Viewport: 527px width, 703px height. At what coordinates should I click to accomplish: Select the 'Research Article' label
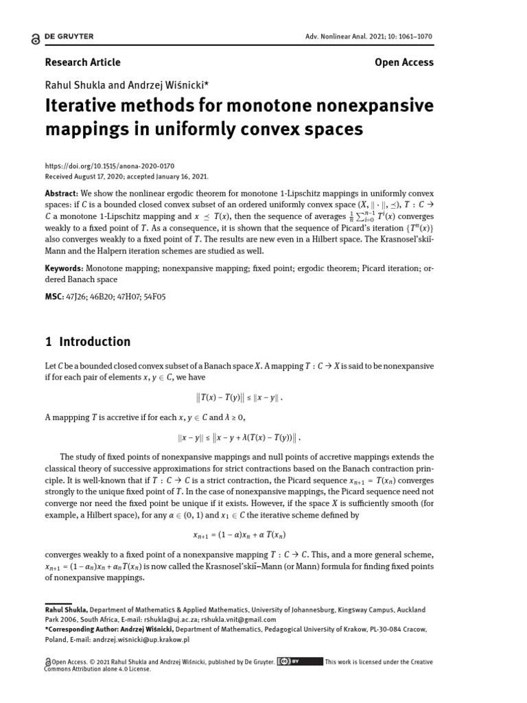82,62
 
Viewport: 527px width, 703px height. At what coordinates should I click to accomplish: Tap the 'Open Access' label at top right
404,62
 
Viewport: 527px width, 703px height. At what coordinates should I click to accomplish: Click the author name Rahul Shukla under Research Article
73,85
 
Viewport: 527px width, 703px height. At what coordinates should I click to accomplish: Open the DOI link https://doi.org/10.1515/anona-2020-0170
109,166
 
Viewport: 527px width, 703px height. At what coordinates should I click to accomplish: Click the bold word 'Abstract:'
62,194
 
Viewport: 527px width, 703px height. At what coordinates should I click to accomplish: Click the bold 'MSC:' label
55,297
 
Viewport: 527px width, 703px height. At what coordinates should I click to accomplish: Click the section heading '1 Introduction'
87,341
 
